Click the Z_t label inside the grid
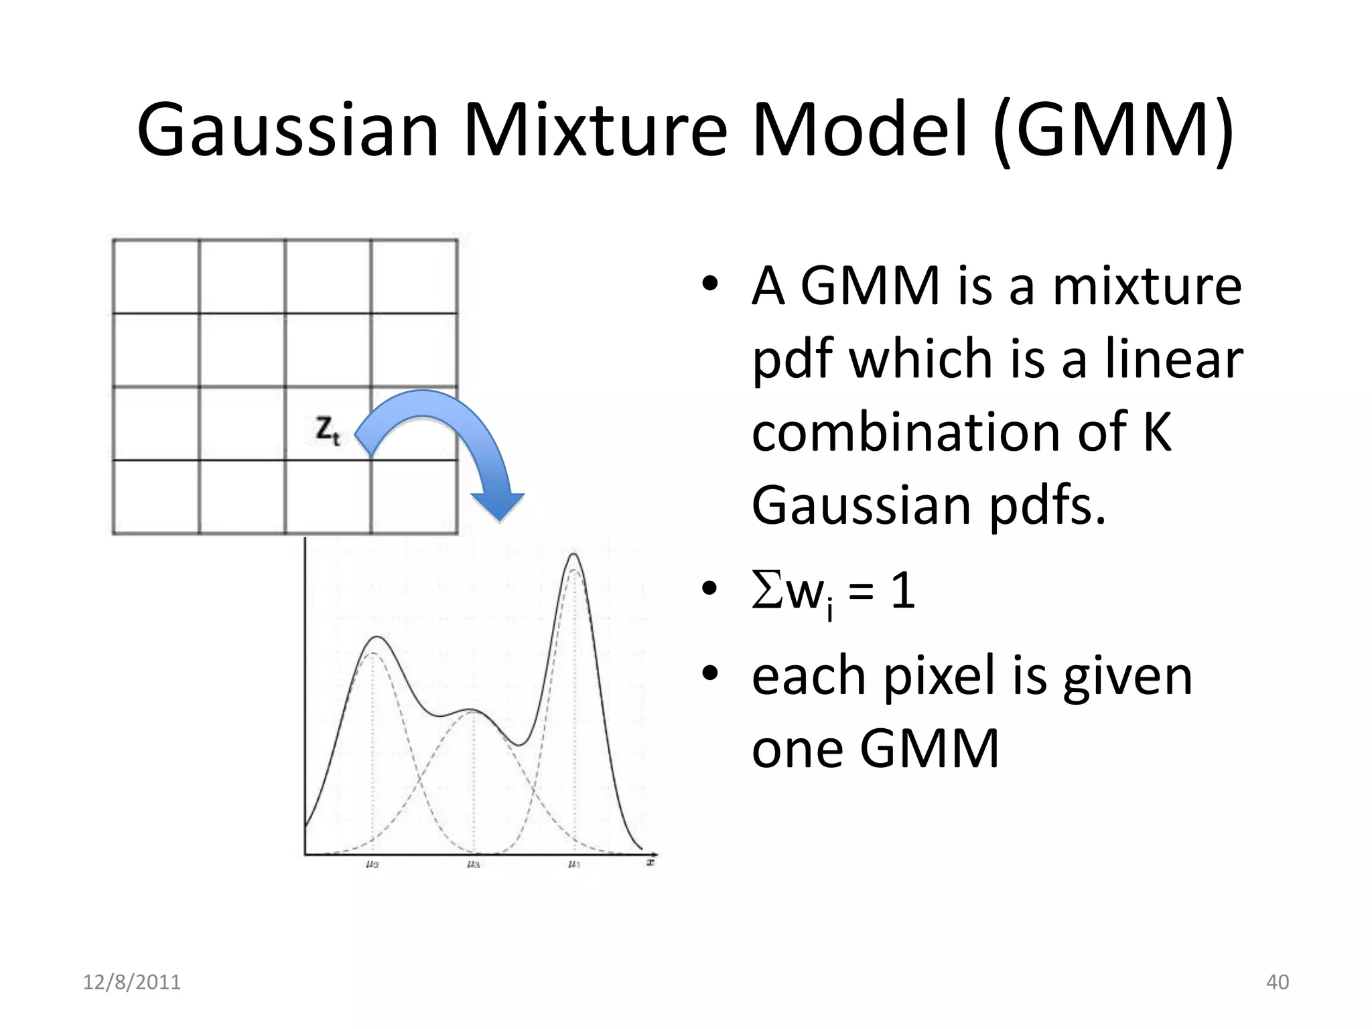point(328,430)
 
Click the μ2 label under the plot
point(372,864)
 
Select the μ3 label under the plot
point(474,864)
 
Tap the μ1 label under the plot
point(574,864)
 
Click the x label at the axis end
point(650,862)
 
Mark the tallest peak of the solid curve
point(574,554)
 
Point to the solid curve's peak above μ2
point(378,636)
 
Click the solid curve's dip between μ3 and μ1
point(518,744)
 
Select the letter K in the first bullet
point(1156,432)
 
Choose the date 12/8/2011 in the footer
point(132,982)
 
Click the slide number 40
point(1278,982)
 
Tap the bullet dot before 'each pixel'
point(709,673)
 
